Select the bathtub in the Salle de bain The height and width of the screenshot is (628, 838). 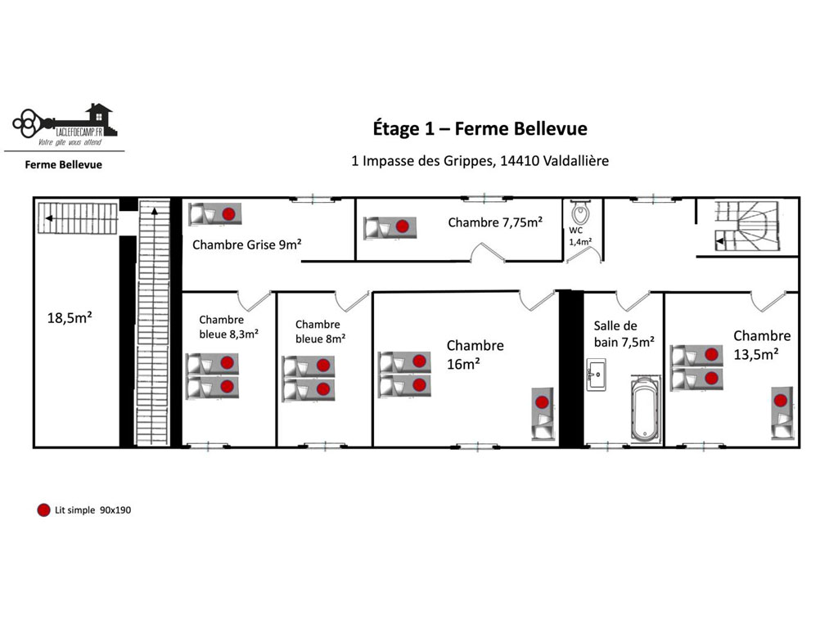(645, 409)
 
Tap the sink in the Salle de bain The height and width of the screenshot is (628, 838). (596, 375)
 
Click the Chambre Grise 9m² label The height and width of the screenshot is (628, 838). (247, 244)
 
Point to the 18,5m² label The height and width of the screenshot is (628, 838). (70, 318)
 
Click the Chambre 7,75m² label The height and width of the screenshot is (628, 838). (495, 222)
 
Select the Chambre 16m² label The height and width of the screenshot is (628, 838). (475, 355)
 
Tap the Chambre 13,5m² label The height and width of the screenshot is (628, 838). (762, 345)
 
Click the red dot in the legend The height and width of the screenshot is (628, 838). (44, 510)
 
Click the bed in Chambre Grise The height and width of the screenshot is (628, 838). (215, 214)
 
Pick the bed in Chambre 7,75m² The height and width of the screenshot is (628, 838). (390, 227)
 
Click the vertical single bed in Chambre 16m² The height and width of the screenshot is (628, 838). (543, 414)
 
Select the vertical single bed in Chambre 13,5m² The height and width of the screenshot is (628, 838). (782, 413)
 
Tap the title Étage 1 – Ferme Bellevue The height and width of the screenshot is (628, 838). (480, 128)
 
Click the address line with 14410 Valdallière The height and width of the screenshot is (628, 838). (480, 161)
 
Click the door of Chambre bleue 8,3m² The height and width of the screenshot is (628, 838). (254, 301)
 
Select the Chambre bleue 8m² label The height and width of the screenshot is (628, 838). (320, 332)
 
